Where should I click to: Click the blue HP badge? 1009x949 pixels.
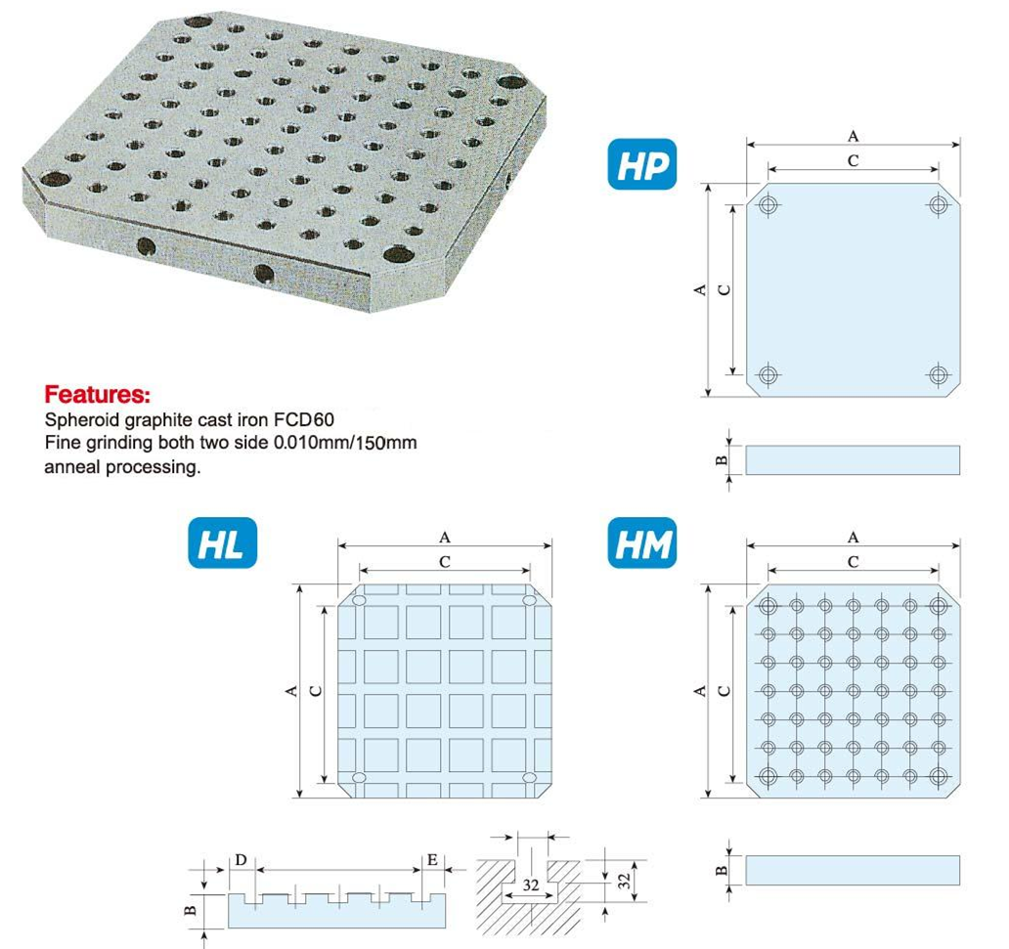click(641, 164)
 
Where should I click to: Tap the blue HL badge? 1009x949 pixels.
click(223, 543)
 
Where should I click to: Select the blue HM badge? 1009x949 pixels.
click(642, 543)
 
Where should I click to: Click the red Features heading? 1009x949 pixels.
click(97, 394)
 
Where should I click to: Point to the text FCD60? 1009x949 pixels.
click(304, 420)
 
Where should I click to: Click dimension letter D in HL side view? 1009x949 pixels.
click(241, 860)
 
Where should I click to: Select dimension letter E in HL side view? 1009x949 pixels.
click(432, 860)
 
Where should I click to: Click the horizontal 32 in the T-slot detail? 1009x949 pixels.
click(530, 884)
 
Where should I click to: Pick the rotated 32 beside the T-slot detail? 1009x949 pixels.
click(625, 881)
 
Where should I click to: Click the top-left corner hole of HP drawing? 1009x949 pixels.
click(768, 206)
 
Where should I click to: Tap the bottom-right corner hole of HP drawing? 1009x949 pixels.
click(939, 373)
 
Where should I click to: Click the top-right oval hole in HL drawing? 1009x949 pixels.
click(530, 600)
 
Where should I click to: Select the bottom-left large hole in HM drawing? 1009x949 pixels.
click(768, 775)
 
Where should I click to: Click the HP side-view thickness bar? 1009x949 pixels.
click(853, 460)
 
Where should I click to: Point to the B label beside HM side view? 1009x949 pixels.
click(722, 871)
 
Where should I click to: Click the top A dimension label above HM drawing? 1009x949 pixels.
click(853, 538)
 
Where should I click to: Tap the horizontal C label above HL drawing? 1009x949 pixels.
click(444, 562)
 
